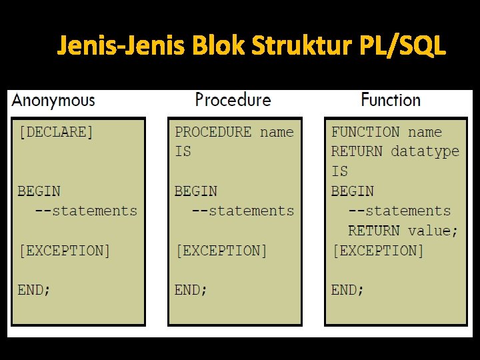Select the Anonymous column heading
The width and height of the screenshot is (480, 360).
pyautogui.click(x=53, y=101)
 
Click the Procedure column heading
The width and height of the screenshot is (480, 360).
pyautogui.click(x=233, y=100)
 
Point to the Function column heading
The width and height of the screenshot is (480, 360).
pyautogui.click(x=391, y=100)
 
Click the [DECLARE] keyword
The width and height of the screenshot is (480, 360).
pyautogui.click(x=56, y=132)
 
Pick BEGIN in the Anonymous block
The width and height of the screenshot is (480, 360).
pyautogui.click(x=39, y=191)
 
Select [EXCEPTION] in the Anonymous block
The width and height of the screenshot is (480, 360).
pyautogui.click(x=64, y=251)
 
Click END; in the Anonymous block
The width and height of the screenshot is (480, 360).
pyautogui.click(x=34, y=290)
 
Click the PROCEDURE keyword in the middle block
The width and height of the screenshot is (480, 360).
pyautogui.click(x=213, y=132)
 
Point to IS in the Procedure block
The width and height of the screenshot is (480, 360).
pyautogui.click(x=183, y=152)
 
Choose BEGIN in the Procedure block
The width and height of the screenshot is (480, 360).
pyautogui.click(x=196, y=191)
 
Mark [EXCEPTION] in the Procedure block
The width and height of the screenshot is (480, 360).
pyautogui.click(x=221, y=251)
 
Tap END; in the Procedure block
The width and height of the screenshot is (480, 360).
pyautogui.click(x=191, y=290)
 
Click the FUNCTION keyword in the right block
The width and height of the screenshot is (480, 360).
pyautogui.click(x=366, y=132)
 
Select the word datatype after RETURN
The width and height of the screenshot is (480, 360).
pyautogui.click(x=425, y=151)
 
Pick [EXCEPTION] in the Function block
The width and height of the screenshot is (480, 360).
pyautogui.click(x=378, y=251)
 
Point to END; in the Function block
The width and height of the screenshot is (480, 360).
pyautogui.click(x=348, y=290)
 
